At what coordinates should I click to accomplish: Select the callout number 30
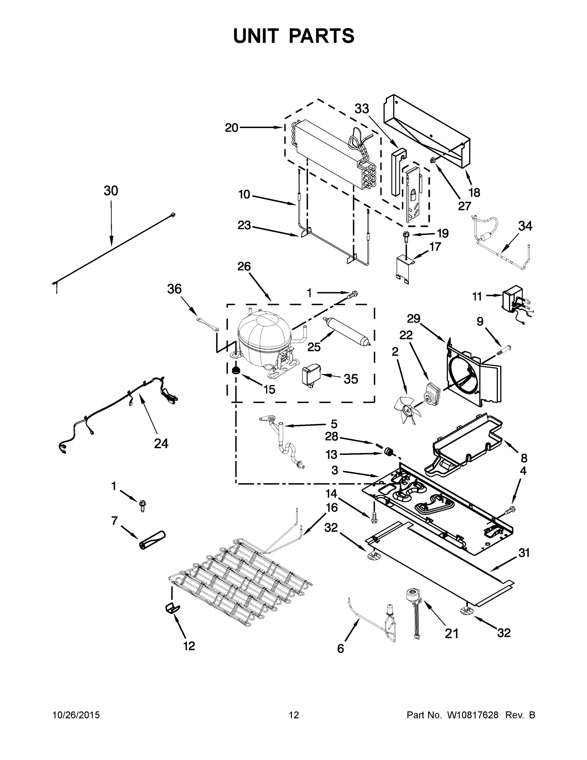tap(111, 191)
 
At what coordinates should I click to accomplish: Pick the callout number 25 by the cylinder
tap(314, 347)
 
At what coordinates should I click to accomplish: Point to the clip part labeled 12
tap(172, 609)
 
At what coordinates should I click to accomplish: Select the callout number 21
tap(451, 634)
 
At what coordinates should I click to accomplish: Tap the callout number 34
tap(525, 226)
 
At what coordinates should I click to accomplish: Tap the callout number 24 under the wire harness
tap(161, 443)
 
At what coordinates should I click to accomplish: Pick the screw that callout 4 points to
tap(510, 510)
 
